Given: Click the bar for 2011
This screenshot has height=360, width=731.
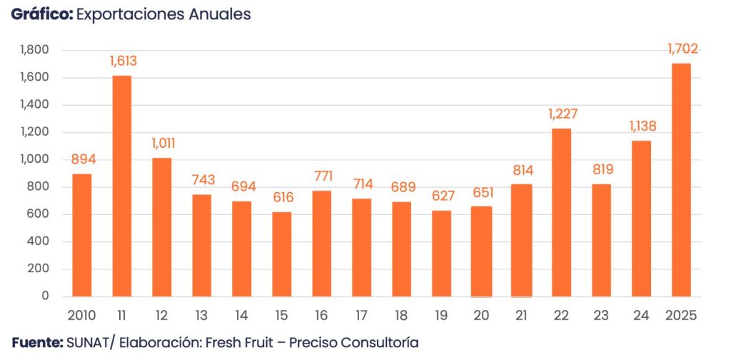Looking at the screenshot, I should tap(121, 186).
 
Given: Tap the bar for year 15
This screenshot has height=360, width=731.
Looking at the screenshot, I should tap(281, 254).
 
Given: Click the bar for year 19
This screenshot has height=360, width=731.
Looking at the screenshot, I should tap(441, 254).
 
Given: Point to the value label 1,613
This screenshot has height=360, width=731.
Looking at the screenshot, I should tap(123, 61).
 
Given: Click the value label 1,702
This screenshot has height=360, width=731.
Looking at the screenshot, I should tap(682, 49).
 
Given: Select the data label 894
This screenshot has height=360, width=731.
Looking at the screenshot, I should tap(82, 159).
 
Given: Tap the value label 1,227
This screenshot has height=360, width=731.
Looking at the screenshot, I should tap(563, 114).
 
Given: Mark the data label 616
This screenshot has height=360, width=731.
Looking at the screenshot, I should tap(281, 198).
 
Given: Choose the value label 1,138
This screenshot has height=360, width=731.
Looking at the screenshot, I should tap(642, 126).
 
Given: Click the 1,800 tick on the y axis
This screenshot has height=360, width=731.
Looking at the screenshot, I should tap(34, 50).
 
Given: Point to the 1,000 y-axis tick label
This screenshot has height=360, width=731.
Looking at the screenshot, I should tap(34, 159).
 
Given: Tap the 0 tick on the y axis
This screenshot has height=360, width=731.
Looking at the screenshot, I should tap(44, 296).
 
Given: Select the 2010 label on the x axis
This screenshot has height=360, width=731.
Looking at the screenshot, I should tap(81, 315).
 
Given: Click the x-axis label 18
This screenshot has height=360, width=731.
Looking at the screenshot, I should tap(401, 315).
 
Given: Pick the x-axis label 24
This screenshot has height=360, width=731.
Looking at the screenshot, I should tap(641, 315).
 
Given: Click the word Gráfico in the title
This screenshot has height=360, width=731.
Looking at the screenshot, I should tap(41, 14).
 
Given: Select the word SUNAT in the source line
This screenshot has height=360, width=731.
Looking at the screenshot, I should tap(89, 343).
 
